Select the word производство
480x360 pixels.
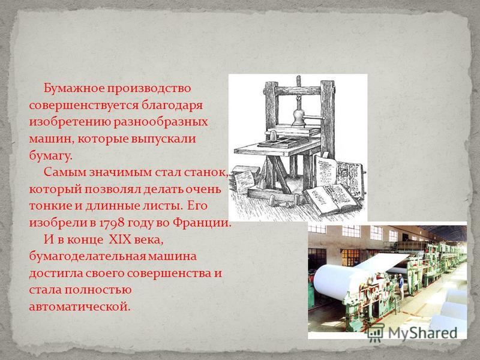148,89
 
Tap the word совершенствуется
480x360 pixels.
83,106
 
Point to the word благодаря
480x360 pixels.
172,106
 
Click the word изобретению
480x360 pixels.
70,122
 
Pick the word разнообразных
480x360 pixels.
161,122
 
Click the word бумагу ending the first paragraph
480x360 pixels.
50,156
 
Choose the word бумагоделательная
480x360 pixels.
87,257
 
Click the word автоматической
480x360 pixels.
80,307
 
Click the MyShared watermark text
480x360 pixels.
423,332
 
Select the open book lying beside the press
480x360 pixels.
332,198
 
